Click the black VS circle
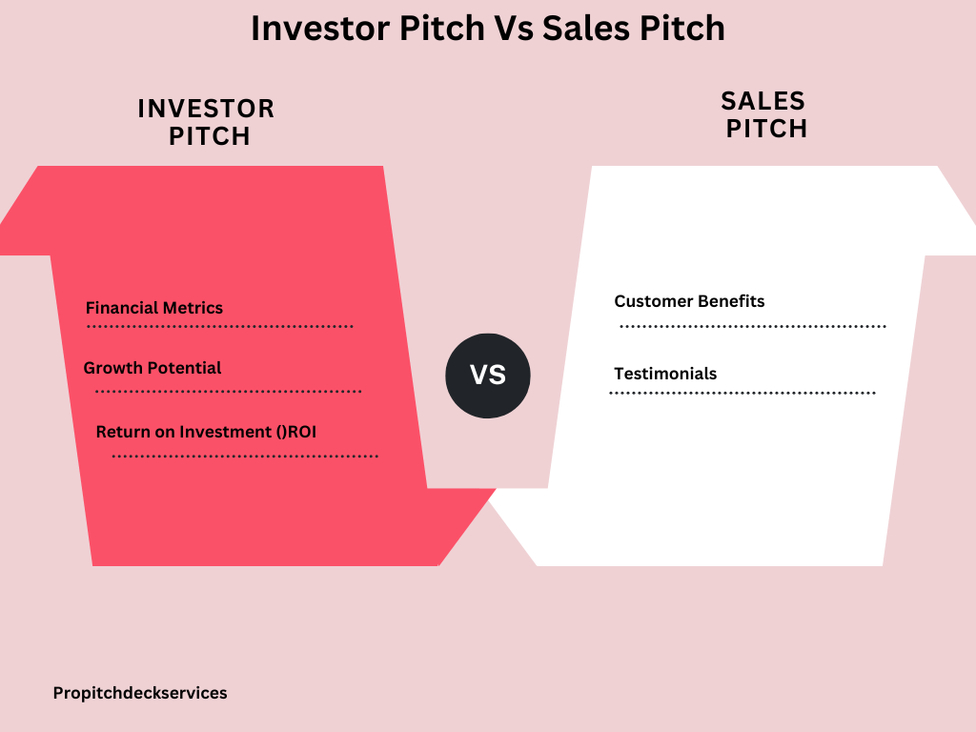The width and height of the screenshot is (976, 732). (x=488, y=376)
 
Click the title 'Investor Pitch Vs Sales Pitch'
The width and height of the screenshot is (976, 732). (x=488, y=28)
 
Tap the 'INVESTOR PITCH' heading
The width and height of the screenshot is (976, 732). (x=207, y=122)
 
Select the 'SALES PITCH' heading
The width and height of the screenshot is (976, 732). (x=765, y=114)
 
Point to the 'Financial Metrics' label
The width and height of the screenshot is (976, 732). (x=154, y=308)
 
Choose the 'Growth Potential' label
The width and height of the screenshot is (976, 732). (x=152, y=368)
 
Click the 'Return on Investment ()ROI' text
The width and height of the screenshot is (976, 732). (x=206, y=432)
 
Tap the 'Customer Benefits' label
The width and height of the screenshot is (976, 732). (x=690, y=301)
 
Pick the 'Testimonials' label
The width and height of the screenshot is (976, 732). (x=665, y=374)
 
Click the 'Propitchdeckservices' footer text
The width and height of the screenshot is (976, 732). (x=140, y=693)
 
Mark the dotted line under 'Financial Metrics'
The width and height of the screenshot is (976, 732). (x=220, y=326)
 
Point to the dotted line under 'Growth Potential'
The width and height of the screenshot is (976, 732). (x=229, y=392)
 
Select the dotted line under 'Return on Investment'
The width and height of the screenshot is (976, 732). (x=245, y=457)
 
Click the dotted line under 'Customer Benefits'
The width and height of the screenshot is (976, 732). (x=753, y=326)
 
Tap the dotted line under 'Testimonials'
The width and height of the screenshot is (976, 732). (x=742, y=393)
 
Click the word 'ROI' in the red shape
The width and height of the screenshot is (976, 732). (x=302, y=432)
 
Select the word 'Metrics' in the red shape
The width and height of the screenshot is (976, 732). (x=193, y=308)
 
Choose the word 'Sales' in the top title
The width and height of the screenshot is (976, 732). (x=586, y=28)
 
